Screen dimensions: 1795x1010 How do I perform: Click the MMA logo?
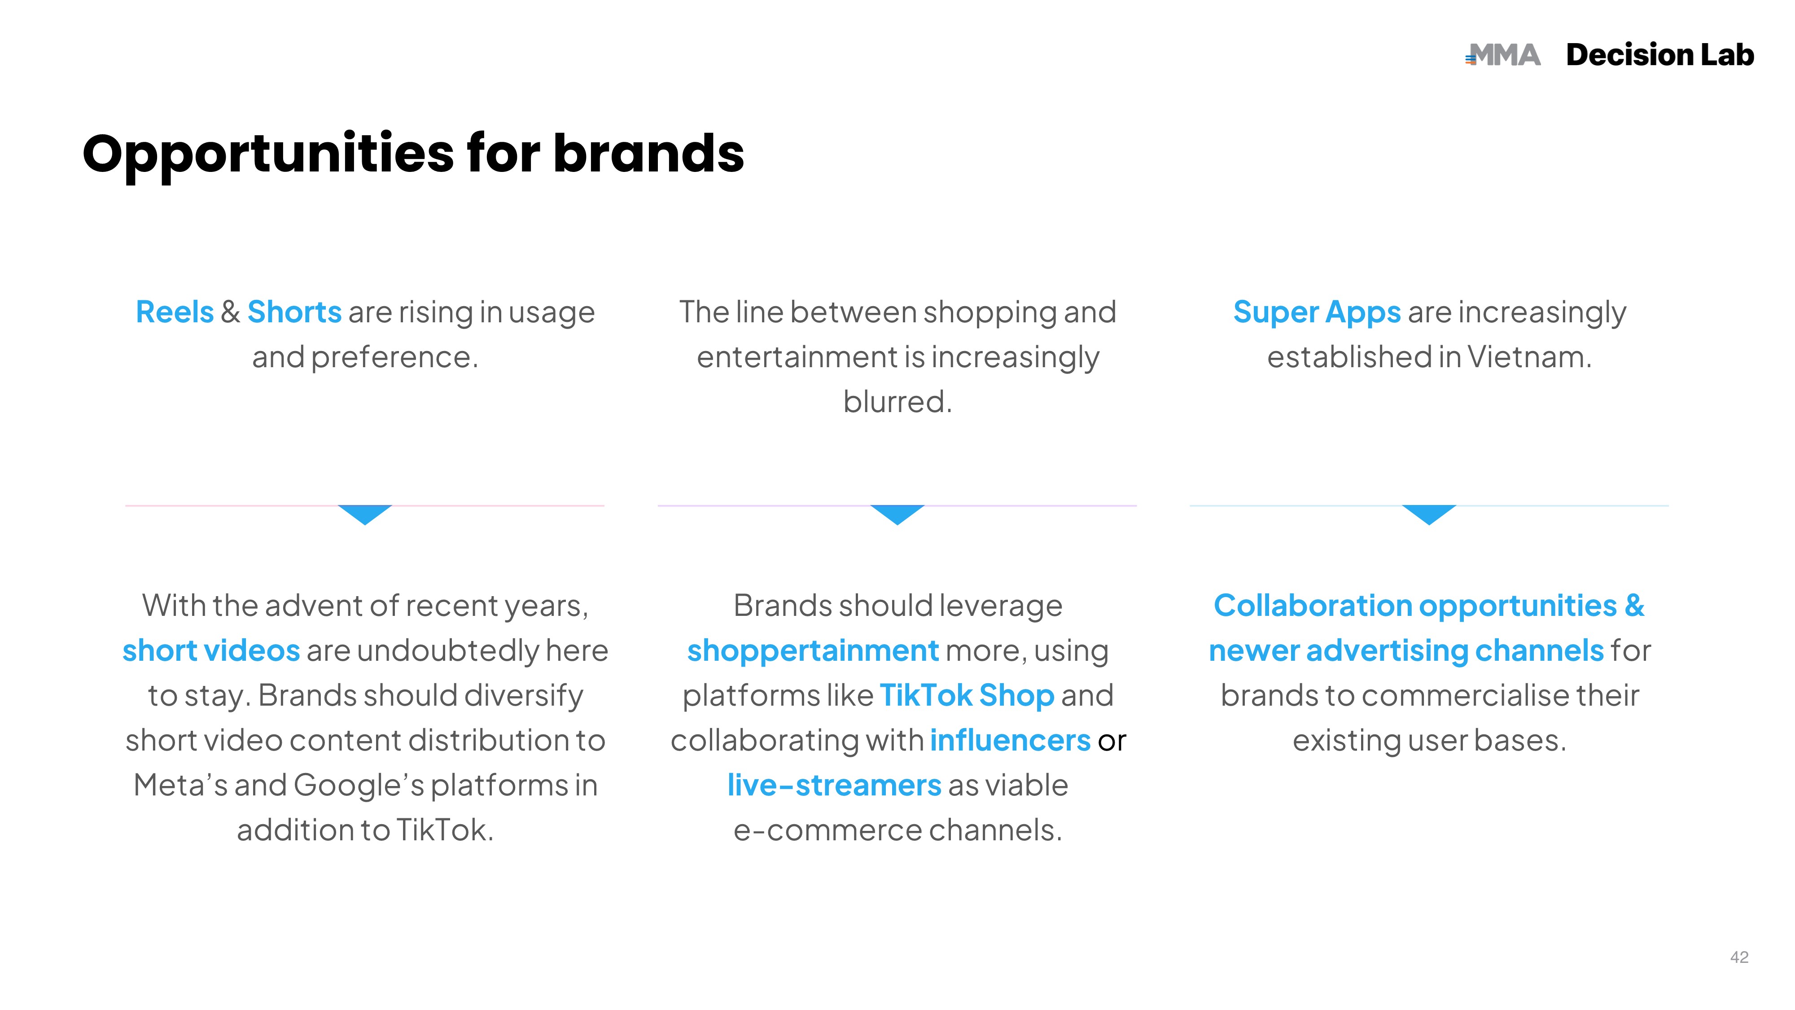(1503, 55)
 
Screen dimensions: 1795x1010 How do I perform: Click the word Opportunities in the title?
(268, 155)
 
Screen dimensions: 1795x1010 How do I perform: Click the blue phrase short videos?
(211, 650)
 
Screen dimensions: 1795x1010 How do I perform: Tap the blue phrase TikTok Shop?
(967, 696)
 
